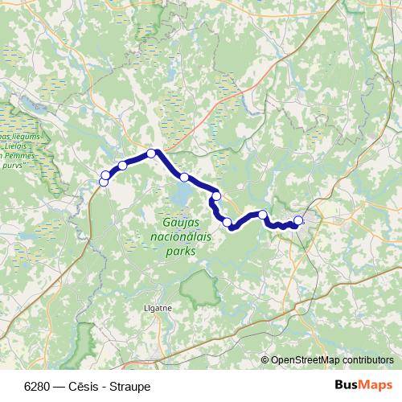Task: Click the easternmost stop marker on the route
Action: click(x=298, y=220)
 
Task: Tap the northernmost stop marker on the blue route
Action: click(x=151, y=154)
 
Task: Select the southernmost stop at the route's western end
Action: click(x=104, y=183)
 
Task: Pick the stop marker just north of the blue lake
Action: click(x=184, y=177)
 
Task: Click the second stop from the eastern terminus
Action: click(x=263, y=215)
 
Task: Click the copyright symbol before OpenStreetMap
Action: click(x=265, y=359)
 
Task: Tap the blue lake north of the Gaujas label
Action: click(x=180, y=194)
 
